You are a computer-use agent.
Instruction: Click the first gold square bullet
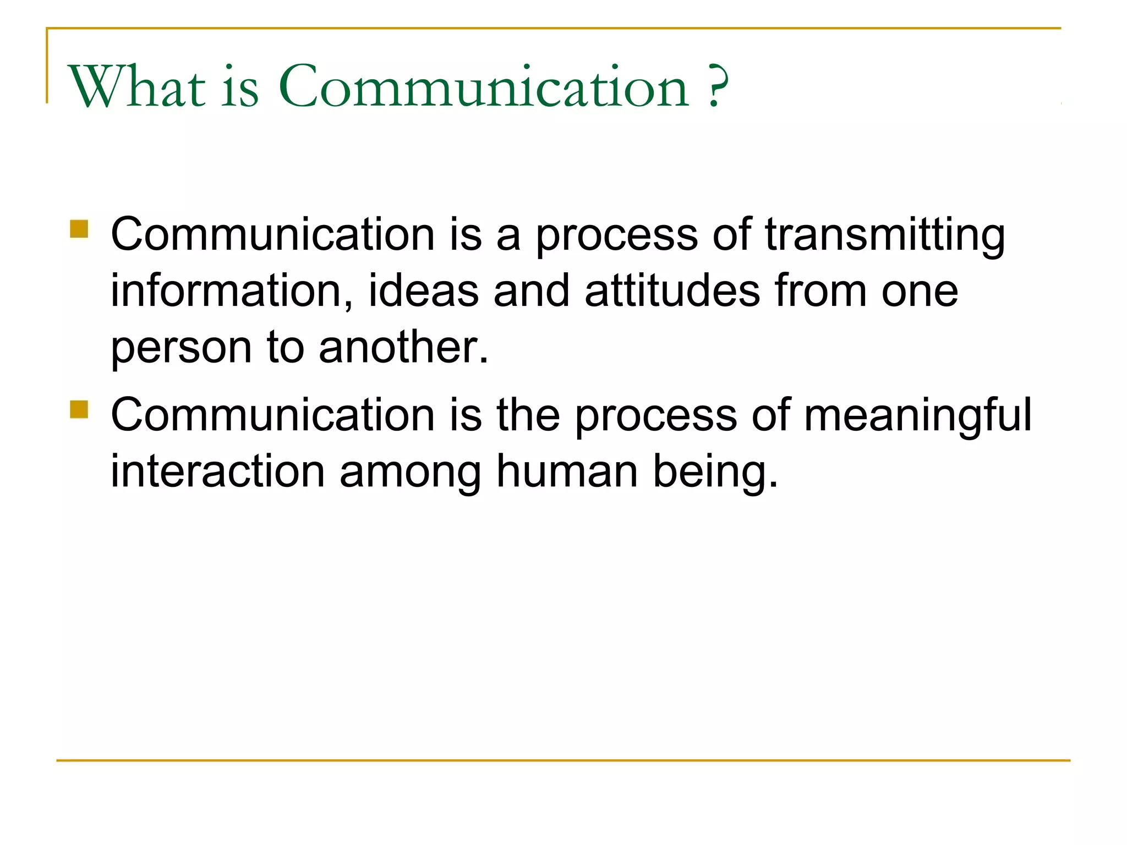tap(79, 229)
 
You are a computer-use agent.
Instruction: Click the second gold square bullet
tap(79, 409)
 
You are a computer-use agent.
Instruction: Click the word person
tap(181, 349)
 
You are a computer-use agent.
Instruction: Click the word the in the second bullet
tap(528, 415)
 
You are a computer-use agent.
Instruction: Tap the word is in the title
tap(240, 88)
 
